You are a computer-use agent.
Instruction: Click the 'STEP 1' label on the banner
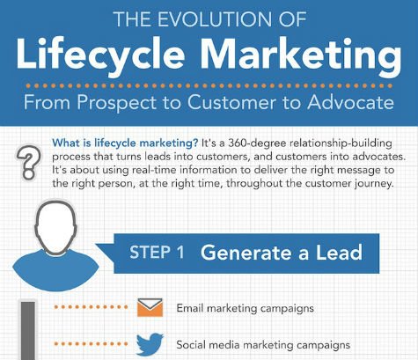click(157, 253)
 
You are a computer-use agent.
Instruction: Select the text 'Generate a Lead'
click(281, 253)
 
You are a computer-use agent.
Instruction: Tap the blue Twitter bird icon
click(150, 343)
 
